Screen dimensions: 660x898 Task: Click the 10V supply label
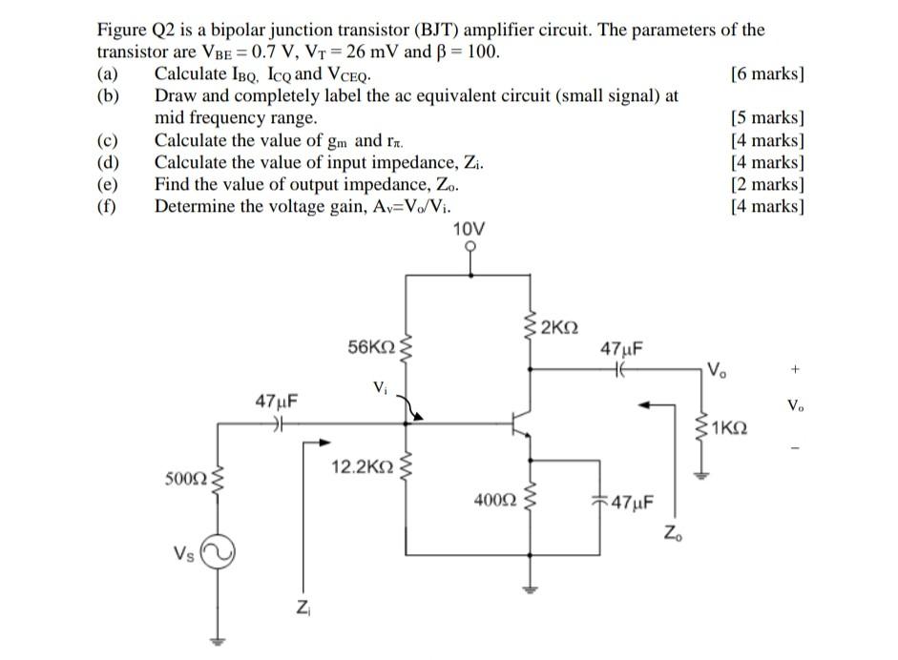pos(469,229)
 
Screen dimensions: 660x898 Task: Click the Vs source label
pos(184,552)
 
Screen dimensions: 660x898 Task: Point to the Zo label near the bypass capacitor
pos(674,532)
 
